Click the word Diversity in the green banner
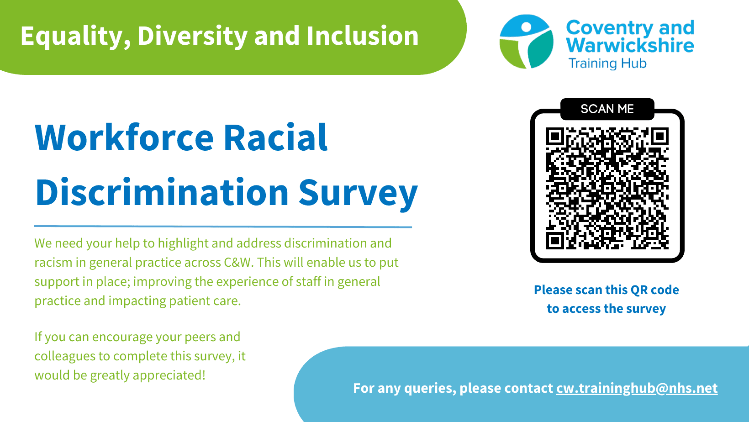tap(192, 36)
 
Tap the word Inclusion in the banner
tap(363, 36)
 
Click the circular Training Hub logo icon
tap(526, 42)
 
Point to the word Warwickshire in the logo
tap(630, 46)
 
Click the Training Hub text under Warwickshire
tap(607, 63)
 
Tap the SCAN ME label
tap(607, 109)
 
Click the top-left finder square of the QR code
tap(555, 136)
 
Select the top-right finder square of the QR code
tap(660, 136)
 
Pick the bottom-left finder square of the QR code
tap(555, 240)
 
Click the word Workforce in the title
tap(124, 137)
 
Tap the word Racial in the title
tap(275, 137)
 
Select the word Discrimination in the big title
tap(162, 192)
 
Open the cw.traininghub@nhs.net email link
tap(637, 388)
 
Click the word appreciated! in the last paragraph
tap(169, 375)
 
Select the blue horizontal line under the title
tap(223, 227)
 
